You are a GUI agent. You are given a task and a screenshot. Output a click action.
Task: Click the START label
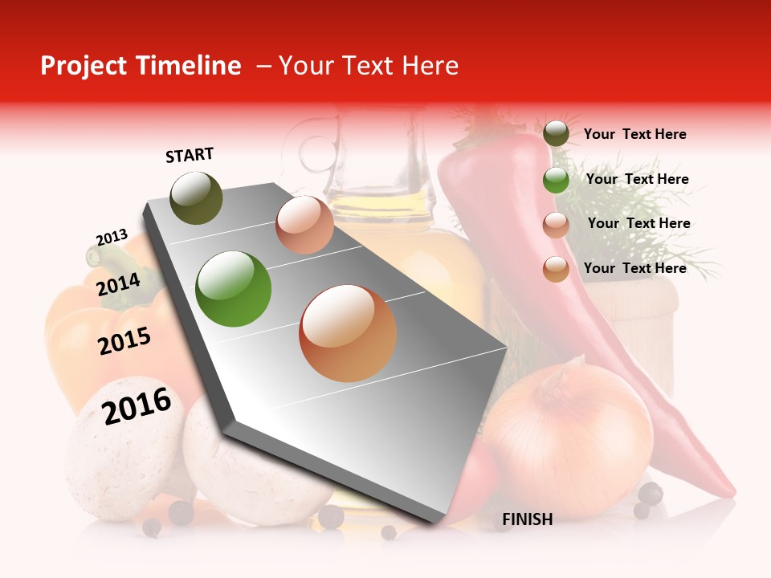[x=190, y=155]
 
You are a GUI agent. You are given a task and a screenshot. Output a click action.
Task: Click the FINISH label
[x=527, y=519]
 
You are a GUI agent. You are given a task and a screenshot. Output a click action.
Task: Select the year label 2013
[x=112, y=238]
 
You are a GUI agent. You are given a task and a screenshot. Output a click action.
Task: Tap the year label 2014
[x=118, y=284]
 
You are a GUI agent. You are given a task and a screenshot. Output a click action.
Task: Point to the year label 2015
[x=124, y=341]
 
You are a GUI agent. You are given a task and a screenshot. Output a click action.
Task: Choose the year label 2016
[x=137, y=405]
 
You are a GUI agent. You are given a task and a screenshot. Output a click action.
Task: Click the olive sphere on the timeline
[x=196, y=197]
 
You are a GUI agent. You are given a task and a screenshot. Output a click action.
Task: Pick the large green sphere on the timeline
[x=234, y=289]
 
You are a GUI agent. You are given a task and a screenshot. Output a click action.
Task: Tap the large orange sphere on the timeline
[x=348, y=333]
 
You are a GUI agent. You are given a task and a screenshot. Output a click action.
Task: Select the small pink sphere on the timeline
[x=304, y=225]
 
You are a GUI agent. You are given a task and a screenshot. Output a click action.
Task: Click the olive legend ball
[x=556, y=134]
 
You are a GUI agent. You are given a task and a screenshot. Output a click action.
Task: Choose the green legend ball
[x=556, y=180]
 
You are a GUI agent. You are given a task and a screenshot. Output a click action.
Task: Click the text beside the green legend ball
[x=637, y=179]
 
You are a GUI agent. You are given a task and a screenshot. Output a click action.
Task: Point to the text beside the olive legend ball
[x=634, y=134]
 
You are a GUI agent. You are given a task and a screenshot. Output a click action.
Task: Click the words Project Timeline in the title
[x=141, y=66]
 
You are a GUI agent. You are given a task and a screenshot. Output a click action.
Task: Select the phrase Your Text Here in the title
[x=368, y=66]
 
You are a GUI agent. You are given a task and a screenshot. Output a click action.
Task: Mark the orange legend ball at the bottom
[x=556, y=269]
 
